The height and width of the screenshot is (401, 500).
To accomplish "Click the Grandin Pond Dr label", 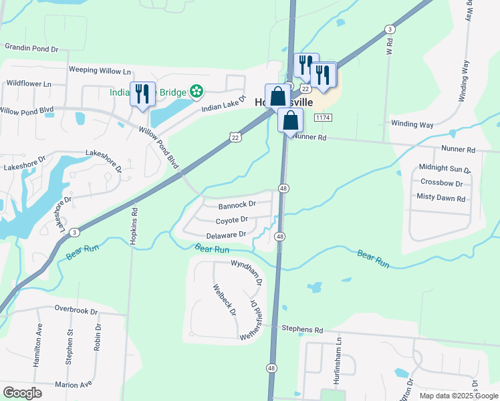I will tap(31, 48).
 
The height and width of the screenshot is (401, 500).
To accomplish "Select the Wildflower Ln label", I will tap(29, 84).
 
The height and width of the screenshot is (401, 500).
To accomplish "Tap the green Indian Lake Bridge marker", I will tap(196, 90).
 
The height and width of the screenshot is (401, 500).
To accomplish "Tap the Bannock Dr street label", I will tap(237, 204).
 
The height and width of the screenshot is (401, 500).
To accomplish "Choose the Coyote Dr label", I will tap(232, 220).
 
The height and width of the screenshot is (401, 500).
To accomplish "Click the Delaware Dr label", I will tap(226, 235).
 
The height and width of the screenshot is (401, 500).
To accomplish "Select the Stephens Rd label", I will tap(302, 329).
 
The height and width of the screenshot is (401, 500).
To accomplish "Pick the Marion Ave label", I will tap(73, 385).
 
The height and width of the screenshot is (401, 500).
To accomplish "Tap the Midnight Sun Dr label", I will tap(445, 168).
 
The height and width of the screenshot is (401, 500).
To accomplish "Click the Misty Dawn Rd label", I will tap(441, 198).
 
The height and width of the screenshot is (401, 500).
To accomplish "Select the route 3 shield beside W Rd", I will tap(389, 29).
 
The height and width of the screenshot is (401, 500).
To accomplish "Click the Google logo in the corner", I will tap(22, 392).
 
